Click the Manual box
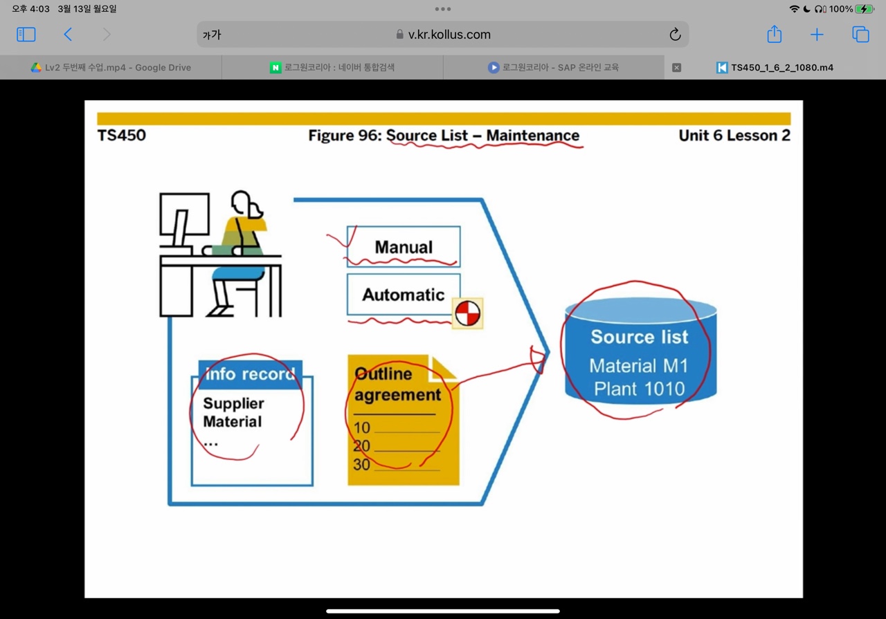point(404,246)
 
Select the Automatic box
point(404,295)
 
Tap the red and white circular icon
point(467,313)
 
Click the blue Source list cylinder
point(640,353)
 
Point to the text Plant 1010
point(639,389)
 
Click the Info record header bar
point(250,373)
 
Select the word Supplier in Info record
point(233,403)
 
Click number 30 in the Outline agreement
point(361,465)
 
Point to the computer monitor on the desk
point(184,215)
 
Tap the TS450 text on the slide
point(122,136)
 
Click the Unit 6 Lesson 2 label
point(734,136)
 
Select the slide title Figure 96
point(444,136)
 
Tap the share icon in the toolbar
point(774,35)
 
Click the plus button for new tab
point(817,35)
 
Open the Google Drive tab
point(111,68)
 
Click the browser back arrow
point(68,35)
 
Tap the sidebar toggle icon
point(26,35)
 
